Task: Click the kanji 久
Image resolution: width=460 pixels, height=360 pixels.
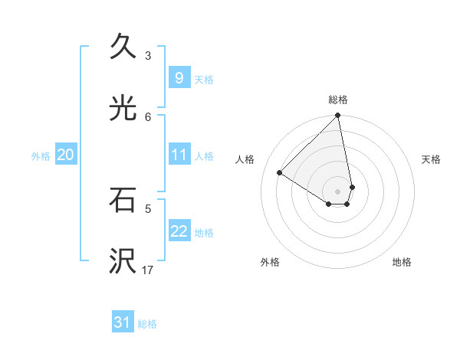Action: pos(123,47)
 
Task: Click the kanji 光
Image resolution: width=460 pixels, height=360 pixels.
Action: pos(123,108)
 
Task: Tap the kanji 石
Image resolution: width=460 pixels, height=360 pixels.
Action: pos(123,200)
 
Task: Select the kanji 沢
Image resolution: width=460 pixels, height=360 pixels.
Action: pos(123,261)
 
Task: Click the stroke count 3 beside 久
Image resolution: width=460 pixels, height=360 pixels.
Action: pos(148,56)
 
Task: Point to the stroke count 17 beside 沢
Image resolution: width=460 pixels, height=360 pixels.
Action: pos(148,270)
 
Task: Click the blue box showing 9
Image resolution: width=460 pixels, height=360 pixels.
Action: pos(179,78)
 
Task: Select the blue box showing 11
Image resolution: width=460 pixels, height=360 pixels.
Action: pos(179,155)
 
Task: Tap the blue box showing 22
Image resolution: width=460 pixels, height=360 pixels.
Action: pos(179,231)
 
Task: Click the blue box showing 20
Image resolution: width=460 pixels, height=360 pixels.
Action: pos(65,155)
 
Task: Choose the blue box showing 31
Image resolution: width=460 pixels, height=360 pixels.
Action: pos(123,323)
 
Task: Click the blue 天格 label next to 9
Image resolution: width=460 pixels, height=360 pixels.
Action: pos(204,80)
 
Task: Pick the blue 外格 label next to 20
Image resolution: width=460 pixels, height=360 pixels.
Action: pos(41,156)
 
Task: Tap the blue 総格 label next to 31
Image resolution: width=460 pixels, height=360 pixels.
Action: pos(147,325)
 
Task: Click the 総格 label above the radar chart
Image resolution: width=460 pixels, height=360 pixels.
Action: pos(338,100)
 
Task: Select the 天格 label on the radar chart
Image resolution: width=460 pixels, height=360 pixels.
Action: pos(431,159)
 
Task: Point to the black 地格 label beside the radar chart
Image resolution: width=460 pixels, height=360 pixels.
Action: pos(402,262)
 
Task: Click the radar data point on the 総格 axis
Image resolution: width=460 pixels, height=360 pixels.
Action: pos(338,116)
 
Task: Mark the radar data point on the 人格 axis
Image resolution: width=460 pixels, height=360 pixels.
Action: pos(280,172)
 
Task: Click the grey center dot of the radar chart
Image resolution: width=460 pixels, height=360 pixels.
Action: pos(338,191)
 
